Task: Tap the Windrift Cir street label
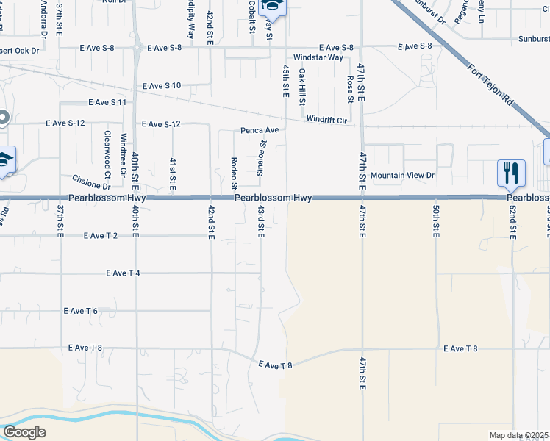[x=326, y=119]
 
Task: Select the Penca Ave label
[x=260, y=130]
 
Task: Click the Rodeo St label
[x=234, y=172]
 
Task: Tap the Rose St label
[x=350, y=87]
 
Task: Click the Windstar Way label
[x=318, y=57]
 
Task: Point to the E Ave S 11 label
[x=107, y=103]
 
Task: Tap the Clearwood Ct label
[x=107, y=155]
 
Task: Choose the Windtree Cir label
[x=124, y=150]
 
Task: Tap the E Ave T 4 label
[x=123, y=273]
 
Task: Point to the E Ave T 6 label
[x=81, y=311]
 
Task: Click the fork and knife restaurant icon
[x=511, y=173]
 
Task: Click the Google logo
[x=24, y=432]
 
